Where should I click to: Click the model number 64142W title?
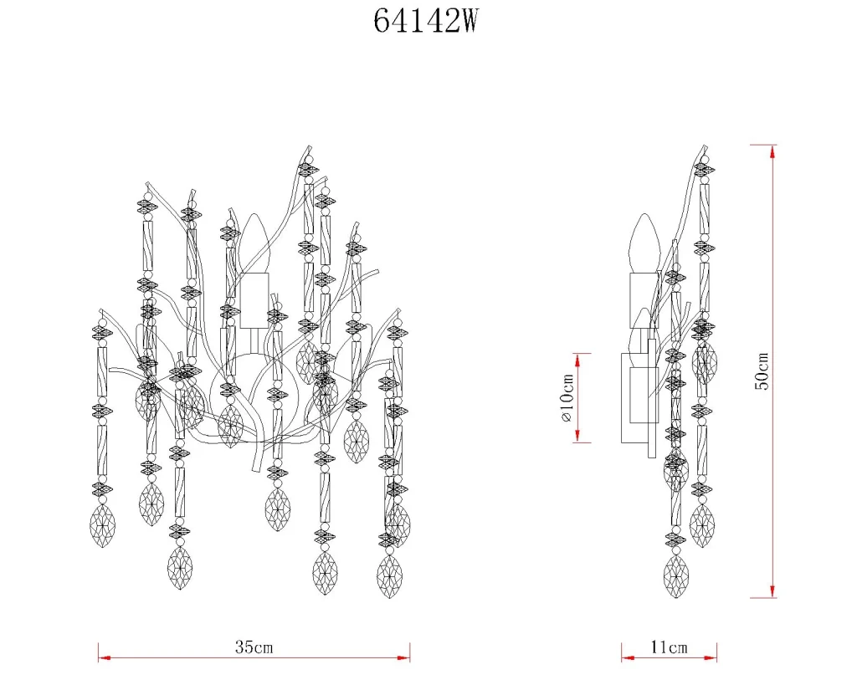coord(426,22)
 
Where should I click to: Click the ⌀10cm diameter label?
coord(567,398)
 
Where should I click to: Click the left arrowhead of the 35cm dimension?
coord(105,658)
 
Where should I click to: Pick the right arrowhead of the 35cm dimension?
coord(403,658)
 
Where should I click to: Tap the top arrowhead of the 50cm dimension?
coord(772,152)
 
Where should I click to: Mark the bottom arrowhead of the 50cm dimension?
coord(772,590)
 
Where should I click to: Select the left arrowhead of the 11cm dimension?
coord(629,658)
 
